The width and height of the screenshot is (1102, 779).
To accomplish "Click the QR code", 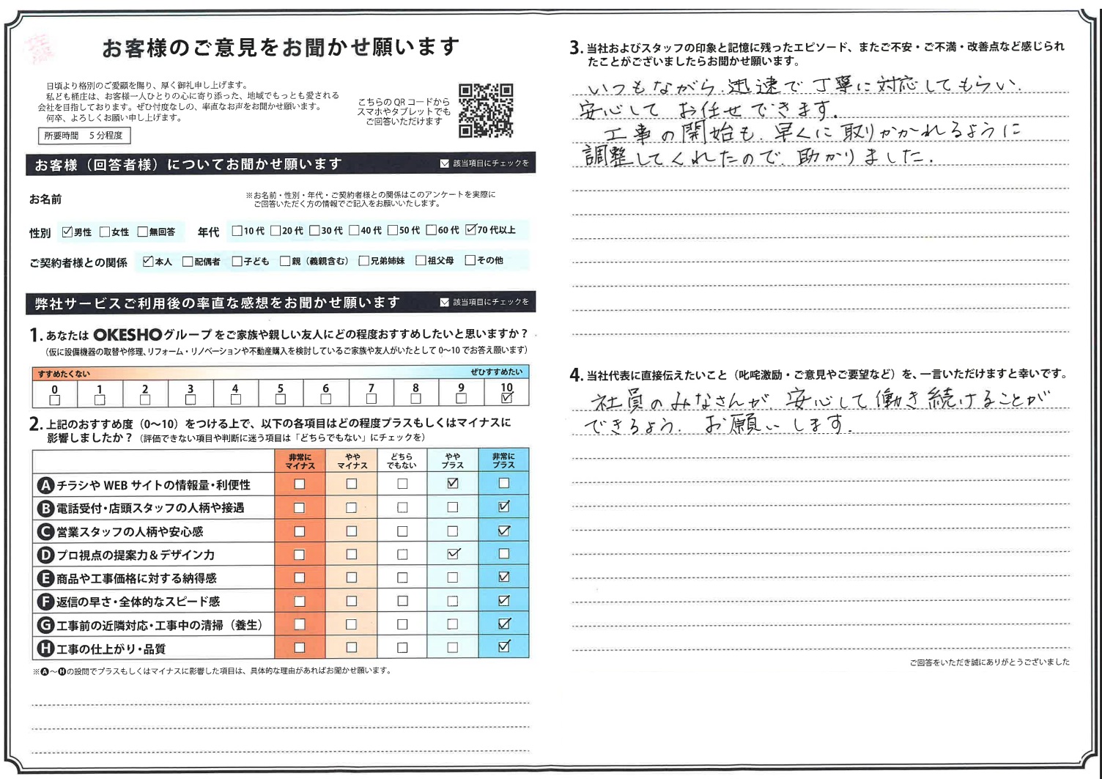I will click(x=486, y=111).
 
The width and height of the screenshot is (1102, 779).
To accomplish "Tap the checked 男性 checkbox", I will click(x=67, y=232).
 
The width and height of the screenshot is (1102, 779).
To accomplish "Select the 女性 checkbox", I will click(x=105, y=232).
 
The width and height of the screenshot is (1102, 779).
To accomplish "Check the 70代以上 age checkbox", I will click(x=471, y=230).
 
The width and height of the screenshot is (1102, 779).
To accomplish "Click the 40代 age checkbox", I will click(x=354, y=230).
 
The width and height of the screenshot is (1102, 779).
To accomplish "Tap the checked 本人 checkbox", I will click(x=148, y=261).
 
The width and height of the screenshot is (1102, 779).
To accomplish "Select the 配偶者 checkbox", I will click(x=188, y=261).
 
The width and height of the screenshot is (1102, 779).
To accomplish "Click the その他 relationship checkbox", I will click(x=470, y=260).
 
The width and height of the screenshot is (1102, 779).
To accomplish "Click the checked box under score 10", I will click(x=506, y=399).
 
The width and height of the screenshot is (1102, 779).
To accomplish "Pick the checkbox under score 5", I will click(x=280, y=399).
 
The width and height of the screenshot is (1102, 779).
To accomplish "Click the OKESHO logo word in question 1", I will click(x=127, y=336).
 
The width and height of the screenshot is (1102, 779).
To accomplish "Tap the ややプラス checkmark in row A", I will click(x=453, y=484).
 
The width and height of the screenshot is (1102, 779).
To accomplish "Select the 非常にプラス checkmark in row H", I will click(x=503, y=647).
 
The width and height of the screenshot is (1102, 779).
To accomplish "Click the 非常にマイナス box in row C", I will click(x=299, y=531).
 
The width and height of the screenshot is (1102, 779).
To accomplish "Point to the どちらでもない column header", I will click(x=402, y=461).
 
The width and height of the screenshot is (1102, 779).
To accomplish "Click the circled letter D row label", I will click(x=45, y=555).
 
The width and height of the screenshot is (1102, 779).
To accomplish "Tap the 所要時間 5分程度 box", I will click(x=84, y=136).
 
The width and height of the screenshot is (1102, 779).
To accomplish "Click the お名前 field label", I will click(x=45, y=199).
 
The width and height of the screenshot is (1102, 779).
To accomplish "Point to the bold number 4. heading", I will click(x=576, y=375).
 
